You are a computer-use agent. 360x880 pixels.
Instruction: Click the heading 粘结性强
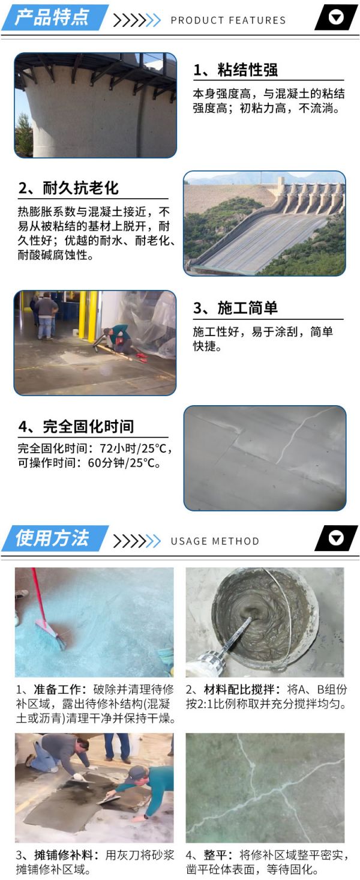pos(248,70)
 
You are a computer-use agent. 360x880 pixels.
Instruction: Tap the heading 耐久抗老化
pos(80,188)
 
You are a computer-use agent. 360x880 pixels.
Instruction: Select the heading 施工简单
pos(248,308)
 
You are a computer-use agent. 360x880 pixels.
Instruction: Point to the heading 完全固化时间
pos(88,427)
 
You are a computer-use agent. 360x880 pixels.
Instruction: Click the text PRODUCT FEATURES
pos(228,20)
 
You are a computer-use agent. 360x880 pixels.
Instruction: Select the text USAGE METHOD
pos(215,541)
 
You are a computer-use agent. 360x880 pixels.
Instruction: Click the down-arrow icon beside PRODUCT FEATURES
pos(336,17)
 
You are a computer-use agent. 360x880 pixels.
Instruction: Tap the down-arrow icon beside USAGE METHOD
pos(336,538)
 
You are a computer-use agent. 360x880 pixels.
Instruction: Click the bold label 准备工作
pos(57,690)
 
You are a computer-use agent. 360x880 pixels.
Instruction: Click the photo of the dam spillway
pos(265,223)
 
